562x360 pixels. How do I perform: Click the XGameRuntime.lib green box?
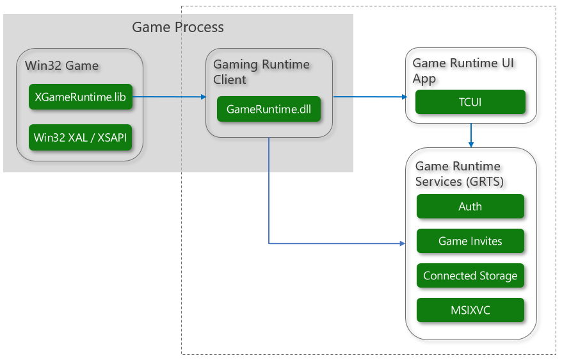pyautogui.click(x=81, y=97)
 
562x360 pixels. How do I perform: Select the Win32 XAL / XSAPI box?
pyautogui.click(x=81, y=137)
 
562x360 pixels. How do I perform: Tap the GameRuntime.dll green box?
pyautogui.click(x=268, y=108)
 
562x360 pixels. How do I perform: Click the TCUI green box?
pyautogui.click(x=470, y=102)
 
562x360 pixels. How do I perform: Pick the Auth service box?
pyautogui.click(x=470, y=207)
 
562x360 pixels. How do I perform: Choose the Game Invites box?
pyautogui.click(x=470, y=241)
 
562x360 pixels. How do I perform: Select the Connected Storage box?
pyautogui.click(x=470, y=276)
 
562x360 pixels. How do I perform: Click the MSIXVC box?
pyautogui.click(x=470, y=311)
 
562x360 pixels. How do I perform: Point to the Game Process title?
pyautogui.click(x=178, y=27)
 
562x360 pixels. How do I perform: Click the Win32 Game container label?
pyautogui.click(x=62, y=65)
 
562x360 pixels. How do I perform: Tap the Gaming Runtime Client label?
pyautogui.click(x=261, y=72)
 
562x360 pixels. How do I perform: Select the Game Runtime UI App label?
pyautogui.click(x=463, y=70)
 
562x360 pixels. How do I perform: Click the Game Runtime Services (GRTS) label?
pyautogui.click(x=460, y=174)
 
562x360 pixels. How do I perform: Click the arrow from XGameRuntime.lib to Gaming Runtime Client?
pyautogui.click(x=169, y=97)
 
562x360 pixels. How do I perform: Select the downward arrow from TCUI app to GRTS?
pyautogui.click(x=471, y=135)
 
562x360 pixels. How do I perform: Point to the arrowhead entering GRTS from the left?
pyautogui.click(x=403, y=243)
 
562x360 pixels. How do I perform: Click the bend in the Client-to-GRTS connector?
pyautogui.click(x=269, y=243)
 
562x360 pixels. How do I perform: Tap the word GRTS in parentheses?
pyautogui.click(x=486, y=181)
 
